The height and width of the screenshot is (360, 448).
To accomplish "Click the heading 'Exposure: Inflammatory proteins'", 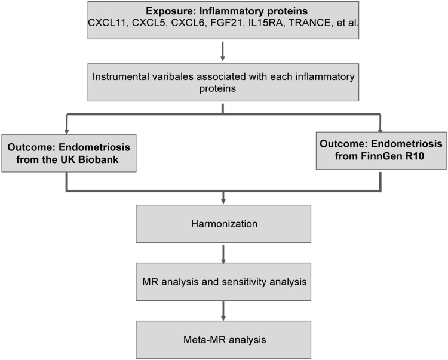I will [x=223, y=12].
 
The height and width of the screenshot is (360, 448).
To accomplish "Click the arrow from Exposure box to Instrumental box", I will [x=223, y=53].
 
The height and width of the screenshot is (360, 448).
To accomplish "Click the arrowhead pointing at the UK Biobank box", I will [x=65, y=129].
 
